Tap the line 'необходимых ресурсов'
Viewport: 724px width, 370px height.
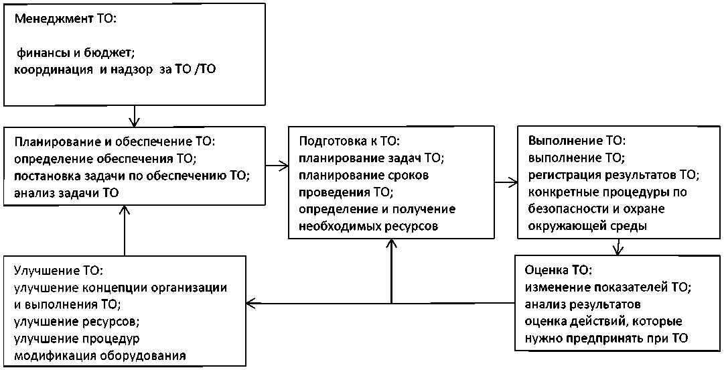click(x=368, y=227)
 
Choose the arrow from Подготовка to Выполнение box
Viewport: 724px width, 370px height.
click(x=505, y=181)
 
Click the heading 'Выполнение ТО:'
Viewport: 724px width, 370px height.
click(x=577, y=142)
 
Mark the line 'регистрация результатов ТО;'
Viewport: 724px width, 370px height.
click(x=613, y=176)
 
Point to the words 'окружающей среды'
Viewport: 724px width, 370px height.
click(x=587, y=227)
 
